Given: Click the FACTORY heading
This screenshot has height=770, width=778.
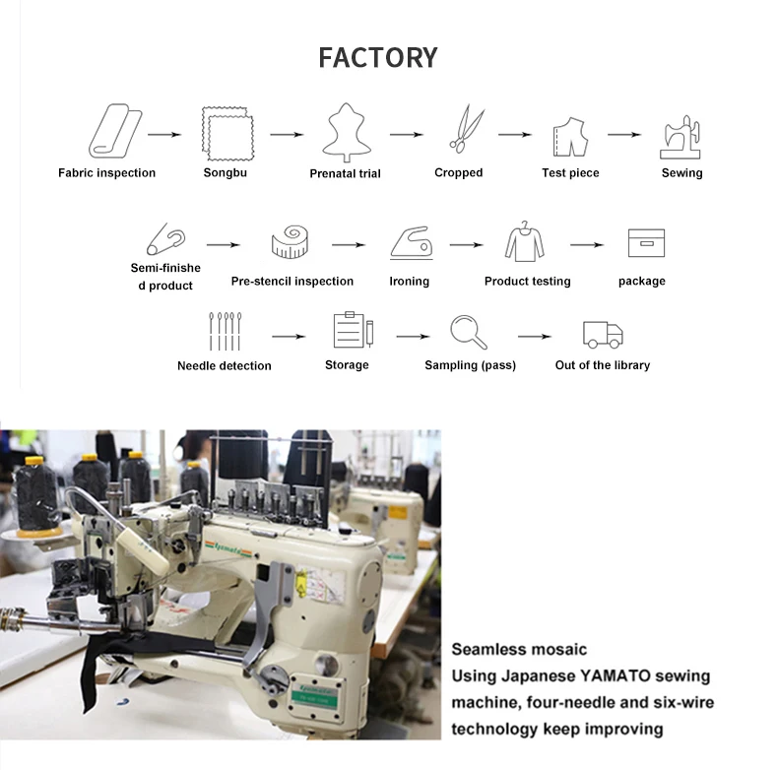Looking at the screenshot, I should coord(377,57).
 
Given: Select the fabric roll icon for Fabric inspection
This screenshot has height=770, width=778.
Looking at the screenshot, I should coord(114,133).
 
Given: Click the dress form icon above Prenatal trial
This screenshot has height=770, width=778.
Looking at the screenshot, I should coord(346,134).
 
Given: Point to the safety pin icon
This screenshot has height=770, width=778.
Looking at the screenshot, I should coord(165,239).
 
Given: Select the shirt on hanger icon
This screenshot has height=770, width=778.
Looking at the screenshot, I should coord(526,241).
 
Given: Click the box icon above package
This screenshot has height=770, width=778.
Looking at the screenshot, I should coord(646,243).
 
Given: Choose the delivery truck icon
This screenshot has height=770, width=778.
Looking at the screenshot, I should coord(602,334).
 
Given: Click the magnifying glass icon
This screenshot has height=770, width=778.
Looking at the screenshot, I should coord(468,332).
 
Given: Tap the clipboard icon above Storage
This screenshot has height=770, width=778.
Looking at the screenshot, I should coord(352,330).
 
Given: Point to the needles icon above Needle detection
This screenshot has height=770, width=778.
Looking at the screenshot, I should coord(224,332).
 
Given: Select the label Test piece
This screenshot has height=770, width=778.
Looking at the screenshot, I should coord(570,173).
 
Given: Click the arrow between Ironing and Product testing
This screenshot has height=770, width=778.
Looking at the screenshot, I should coord(466,244).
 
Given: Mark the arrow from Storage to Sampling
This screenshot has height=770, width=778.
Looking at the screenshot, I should coord(414,337).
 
